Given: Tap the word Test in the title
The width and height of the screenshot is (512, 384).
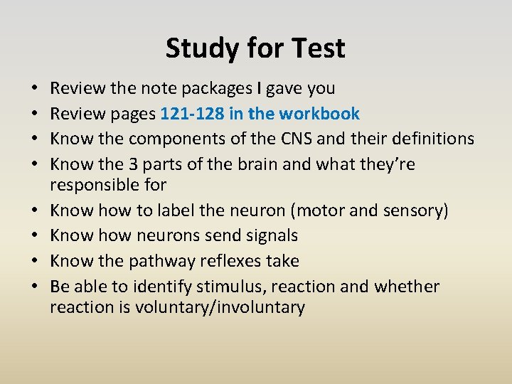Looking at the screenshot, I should coord(317,48).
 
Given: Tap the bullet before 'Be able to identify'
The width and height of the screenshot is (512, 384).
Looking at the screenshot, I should coord(36,287).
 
